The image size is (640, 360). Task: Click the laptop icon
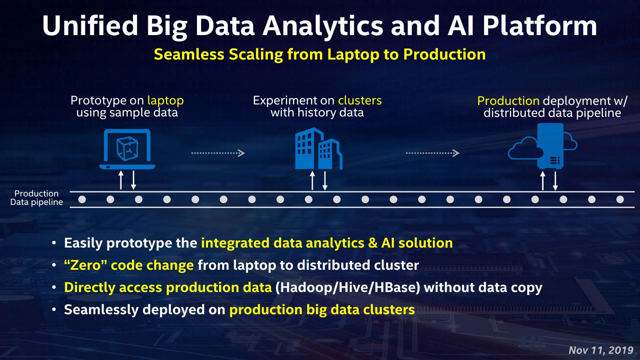point(128,149)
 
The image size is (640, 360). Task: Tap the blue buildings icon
point(318,149)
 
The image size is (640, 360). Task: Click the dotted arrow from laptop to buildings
point(218,153)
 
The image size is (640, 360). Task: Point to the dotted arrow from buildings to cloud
point(432,153)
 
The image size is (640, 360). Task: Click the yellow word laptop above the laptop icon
point(165,100)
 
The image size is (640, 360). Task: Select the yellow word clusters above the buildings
point(360,100)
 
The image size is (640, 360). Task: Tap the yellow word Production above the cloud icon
point(508,101)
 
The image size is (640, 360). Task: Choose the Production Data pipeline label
point(36,198)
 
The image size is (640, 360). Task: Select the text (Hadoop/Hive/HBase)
point(348,288)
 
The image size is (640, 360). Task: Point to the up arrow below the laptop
point(120,180)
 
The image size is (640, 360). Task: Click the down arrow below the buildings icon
point(325,180)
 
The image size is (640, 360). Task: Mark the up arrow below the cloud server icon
point(542,180)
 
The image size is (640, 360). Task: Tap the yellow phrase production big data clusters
point(322,309)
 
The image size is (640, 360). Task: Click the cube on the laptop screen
point(127,148)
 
